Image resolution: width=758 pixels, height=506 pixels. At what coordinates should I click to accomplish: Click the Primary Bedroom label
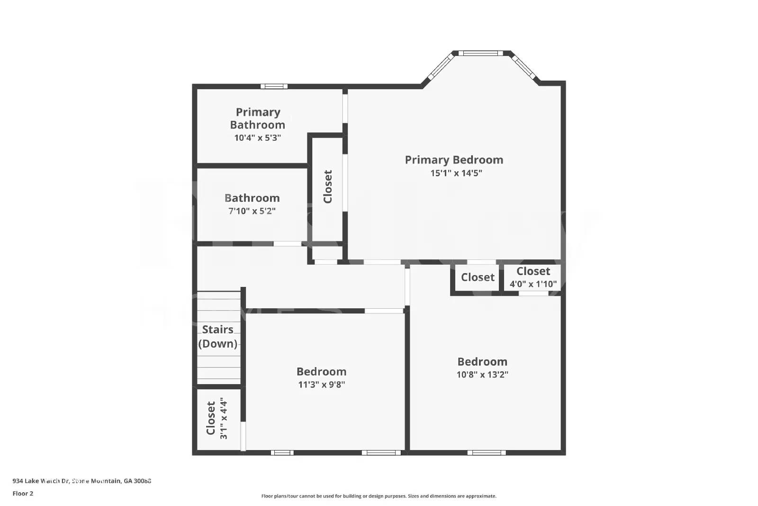coord(454,160)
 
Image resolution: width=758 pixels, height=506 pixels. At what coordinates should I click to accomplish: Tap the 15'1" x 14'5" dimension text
coord(456,173)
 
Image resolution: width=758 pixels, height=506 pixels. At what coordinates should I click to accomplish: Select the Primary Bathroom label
coord(258,119)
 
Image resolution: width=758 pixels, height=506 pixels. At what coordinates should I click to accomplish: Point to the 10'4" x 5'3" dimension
coord(257,138)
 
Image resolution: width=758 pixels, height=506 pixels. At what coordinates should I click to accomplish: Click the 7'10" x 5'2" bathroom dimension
coord(252,211)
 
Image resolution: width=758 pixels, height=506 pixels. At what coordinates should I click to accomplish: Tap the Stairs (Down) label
coord(217,336)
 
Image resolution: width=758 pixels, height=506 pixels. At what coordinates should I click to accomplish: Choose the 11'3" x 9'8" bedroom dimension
coord(321,385)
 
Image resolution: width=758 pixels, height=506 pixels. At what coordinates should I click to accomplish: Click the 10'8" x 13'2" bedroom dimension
coord(482,375)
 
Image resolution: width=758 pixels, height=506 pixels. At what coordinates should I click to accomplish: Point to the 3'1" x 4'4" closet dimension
coord(224,418)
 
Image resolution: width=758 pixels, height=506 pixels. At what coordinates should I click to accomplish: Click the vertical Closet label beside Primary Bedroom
coord(327,186)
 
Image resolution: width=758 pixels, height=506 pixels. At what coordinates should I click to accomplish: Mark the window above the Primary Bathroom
coord(274,86)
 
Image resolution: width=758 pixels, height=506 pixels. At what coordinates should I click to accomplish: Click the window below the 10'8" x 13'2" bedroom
coord(486,452)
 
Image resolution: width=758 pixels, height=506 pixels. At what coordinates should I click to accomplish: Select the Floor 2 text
coord(23,494)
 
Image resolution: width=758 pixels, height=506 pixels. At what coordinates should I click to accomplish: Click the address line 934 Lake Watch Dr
coord(81,481)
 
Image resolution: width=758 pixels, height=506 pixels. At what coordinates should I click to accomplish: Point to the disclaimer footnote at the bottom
coord(379,496)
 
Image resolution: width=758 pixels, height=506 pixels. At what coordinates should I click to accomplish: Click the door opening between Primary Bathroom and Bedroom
coord(345,108)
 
